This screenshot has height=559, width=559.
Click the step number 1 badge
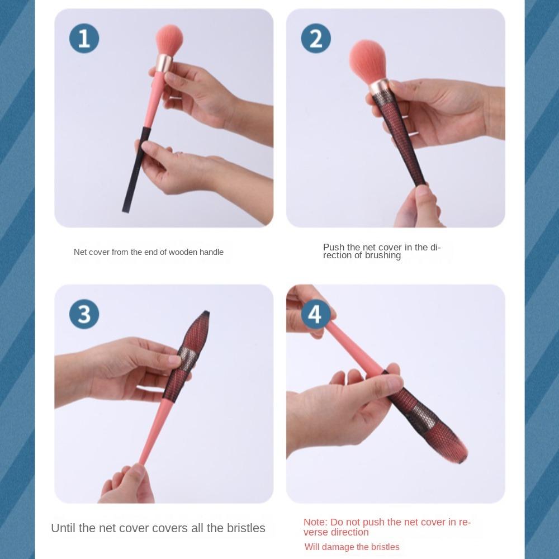tap(84, 39)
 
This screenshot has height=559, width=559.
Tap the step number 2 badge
tap(316, 39)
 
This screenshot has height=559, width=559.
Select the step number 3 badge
tap(84, 314)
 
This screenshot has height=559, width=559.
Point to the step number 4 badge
tap(315, 314)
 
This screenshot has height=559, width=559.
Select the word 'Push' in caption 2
tap(334, 247)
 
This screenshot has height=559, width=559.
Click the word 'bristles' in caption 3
tap(246, 528)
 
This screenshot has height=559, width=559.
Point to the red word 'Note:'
tap(315, 522)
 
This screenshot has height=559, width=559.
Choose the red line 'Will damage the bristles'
tap(352, 547)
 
